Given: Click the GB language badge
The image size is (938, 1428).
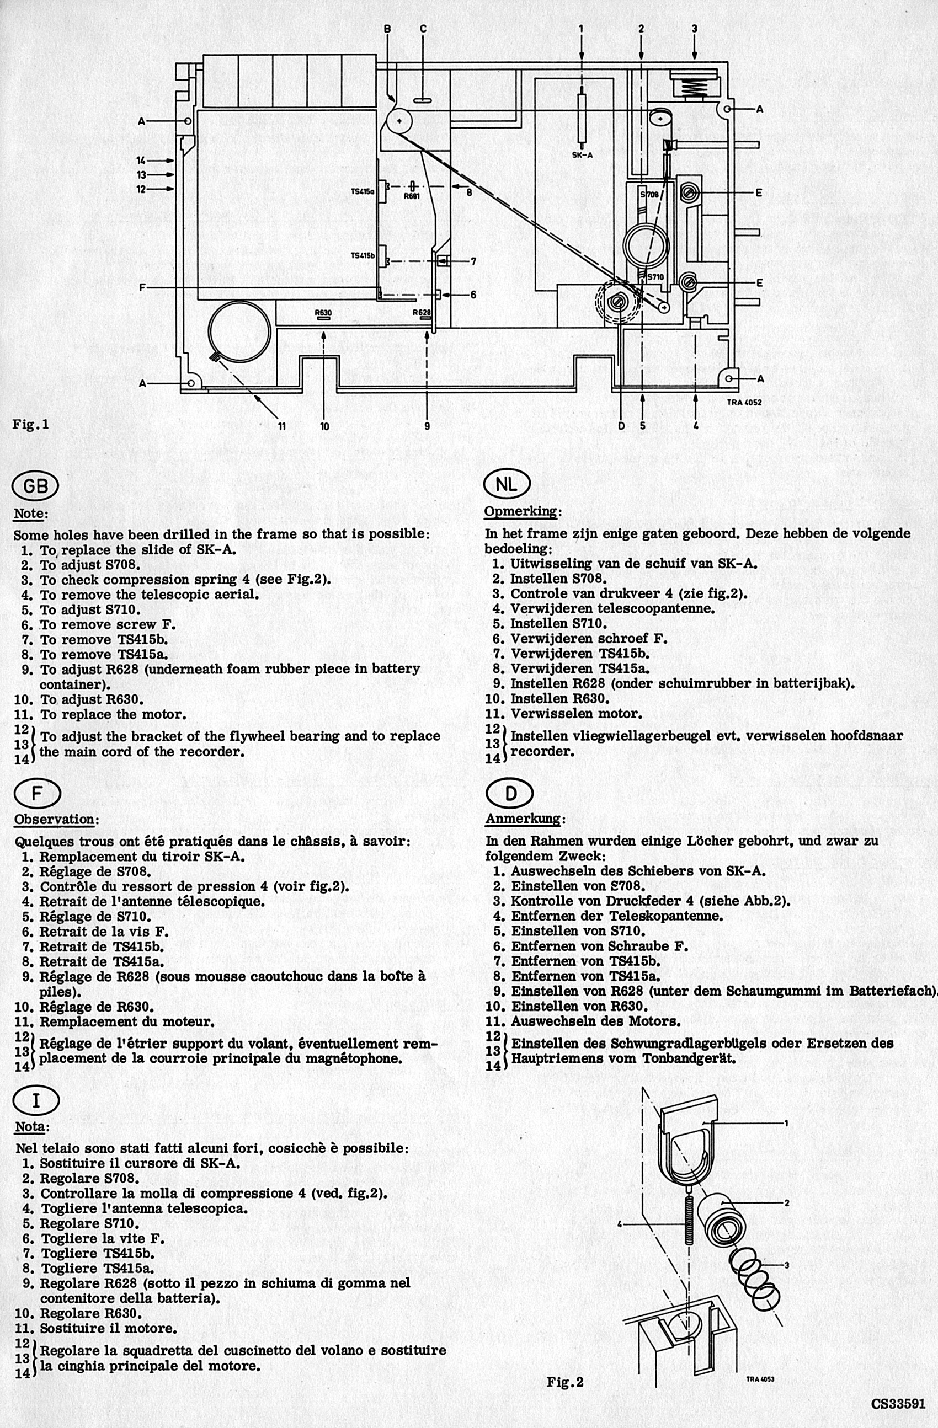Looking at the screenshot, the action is tap(35, 485).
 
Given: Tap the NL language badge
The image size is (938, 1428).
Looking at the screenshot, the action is tap(507, 484).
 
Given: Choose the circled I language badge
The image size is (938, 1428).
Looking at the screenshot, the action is tap(36, 1100).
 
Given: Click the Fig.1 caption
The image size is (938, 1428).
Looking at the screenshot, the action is tap(30, 424).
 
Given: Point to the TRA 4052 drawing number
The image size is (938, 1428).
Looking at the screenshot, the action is tap(744, 402).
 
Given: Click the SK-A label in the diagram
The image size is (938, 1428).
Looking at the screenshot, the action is tap(582, 154).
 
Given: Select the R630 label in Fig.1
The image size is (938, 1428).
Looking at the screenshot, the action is tap(323, 313).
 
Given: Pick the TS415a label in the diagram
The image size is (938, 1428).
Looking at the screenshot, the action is tap(363, 192).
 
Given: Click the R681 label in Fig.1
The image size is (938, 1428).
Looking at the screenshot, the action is tap(412, 196).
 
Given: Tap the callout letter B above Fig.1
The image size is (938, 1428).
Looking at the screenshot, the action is tap(388, 28).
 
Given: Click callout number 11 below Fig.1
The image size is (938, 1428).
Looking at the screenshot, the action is tap(281, 426).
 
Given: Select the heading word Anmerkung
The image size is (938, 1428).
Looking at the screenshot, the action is tap(523, 819).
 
